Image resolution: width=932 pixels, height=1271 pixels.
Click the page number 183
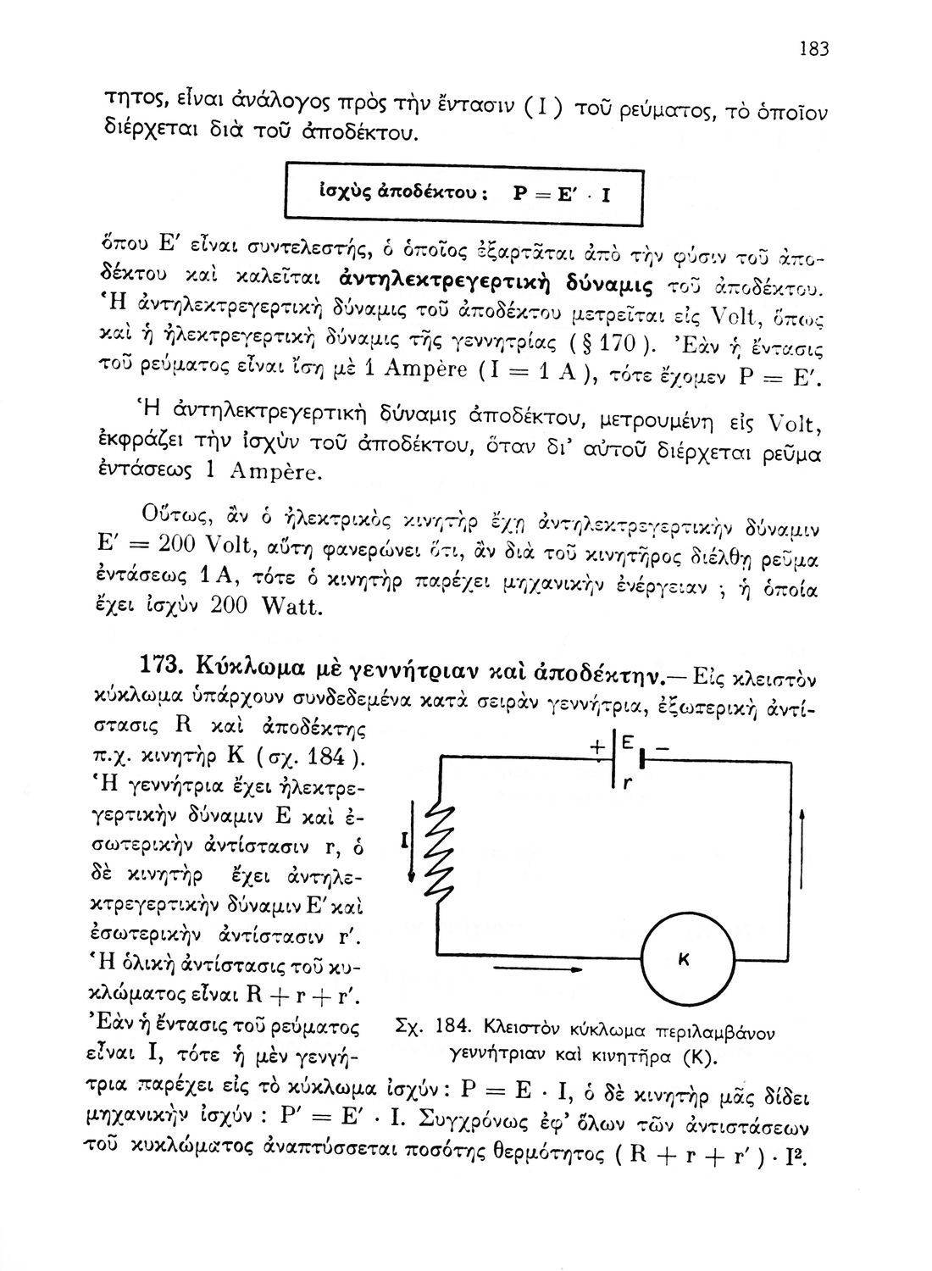pos(813,49)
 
